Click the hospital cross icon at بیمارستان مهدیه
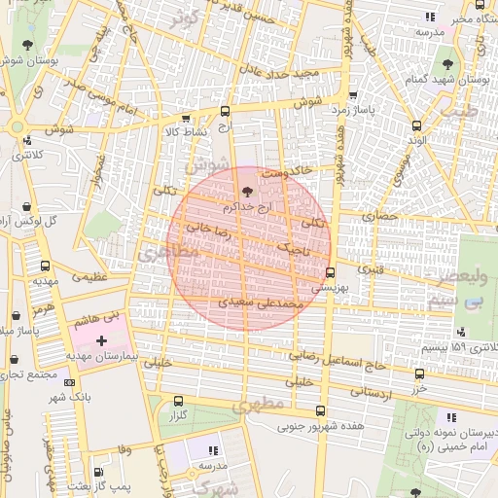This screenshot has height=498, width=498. pyautogui.click(x=102, y=339)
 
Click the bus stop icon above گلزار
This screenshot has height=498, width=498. pyautogui.click(x=177, y=401)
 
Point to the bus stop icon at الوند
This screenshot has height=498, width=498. pyautogui.click(x=417, y=125)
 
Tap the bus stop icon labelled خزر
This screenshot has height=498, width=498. pyautogui.click(x=418, y=373)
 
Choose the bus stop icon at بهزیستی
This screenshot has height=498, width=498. pyautogui.click(x=331, y=272)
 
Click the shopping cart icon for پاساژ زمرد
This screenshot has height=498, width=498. pyautogui.click(x=351, y=96)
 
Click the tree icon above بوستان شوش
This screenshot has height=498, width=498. pyautogui.click(x=26, y=45)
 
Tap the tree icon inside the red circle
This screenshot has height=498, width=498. pyautogui.click(x=244, y=191)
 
